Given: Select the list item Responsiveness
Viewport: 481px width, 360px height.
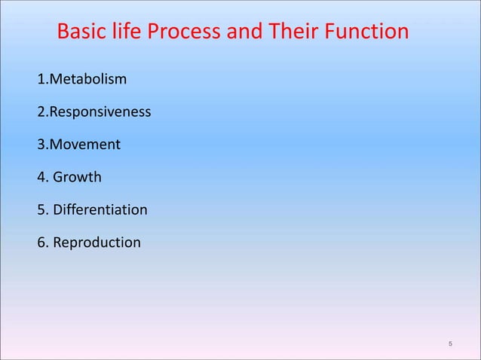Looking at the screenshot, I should (x=99, y=112).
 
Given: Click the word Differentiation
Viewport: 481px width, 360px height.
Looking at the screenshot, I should (x=100, y=210).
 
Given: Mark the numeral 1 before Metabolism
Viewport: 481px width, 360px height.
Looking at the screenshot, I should (x=40, y=79).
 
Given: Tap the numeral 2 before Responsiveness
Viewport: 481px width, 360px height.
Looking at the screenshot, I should (x=40, y=112).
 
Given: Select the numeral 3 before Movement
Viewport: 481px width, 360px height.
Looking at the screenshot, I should (x=40, y=145).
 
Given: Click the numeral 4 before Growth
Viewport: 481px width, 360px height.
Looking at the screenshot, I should (x=40, y=178).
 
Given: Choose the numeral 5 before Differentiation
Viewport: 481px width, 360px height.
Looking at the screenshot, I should (x=40, y=210).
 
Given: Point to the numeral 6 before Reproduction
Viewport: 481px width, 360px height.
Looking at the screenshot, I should (x=40, y=243).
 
